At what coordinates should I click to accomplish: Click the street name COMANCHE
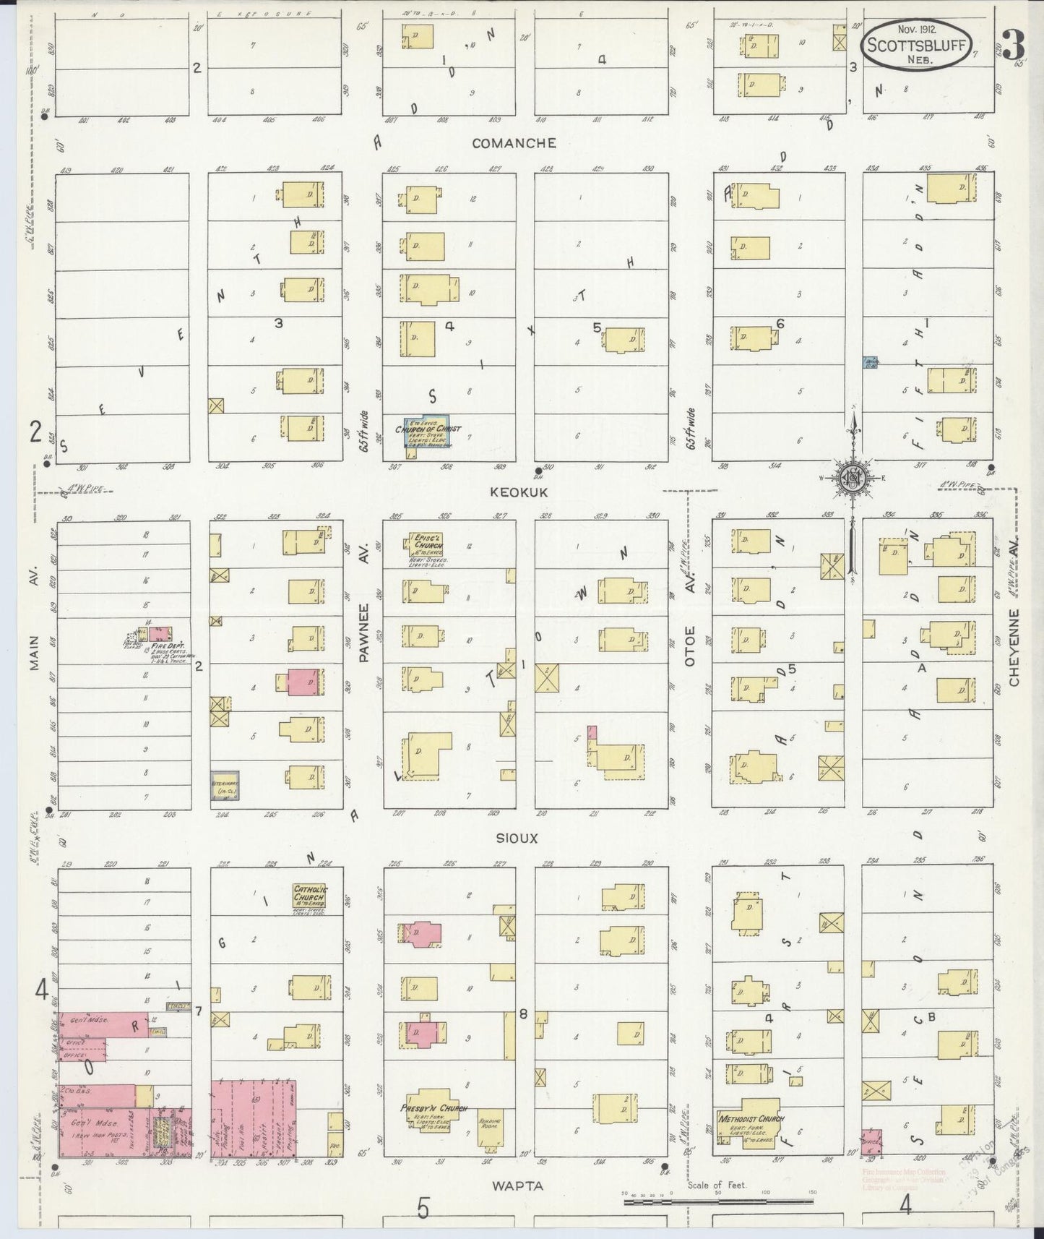tap(514, 143)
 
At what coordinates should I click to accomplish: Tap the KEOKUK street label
tap(519, 492)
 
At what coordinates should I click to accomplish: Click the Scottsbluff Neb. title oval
tap(916, 46)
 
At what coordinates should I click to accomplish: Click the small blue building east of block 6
tap(871, 362)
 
